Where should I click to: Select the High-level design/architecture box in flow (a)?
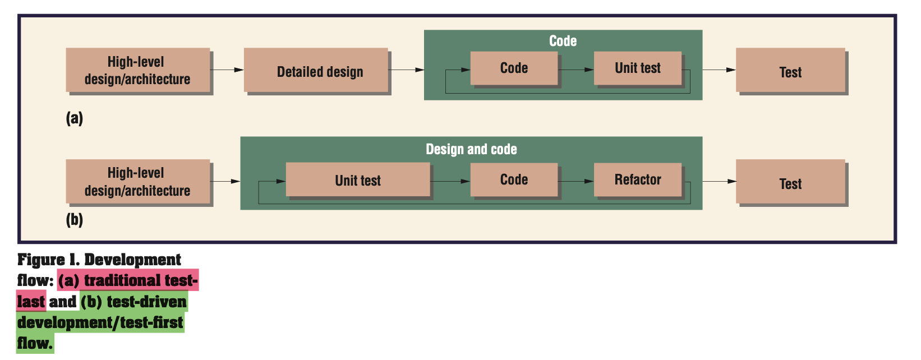pyautogui.click(x=138, y=70)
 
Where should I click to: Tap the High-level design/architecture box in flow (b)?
pyautogui.click(x=138, y=182)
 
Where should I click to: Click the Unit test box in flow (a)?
pyautogui.click(x=638, y=68)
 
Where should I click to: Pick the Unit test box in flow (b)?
pyautogui.click(x=358, y=180)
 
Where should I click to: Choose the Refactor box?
pyautogui.click(x=638, y=179)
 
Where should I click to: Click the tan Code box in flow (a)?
pyautogui.click(x=514, y=68)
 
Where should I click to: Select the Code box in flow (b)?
pyautogui.click(x=514, y=179)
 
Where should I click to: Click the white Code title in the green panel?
pyautogui.click(x=563, y=41)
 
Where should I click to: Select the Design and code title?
pyautogui.click(x=471, y=149)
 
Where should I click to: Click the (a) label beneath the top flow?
pyautogui.click(x=75, y=118)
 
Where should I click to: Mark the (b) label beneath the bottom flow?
pyautogui.click(x=75, y=219)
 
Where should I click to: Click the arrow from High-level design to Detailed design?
pyautogui.click(x=227, y=70)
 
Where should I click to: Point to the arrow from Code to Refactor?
pyautogui.click(x=575, y=181)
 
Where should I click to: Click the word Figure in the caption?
pyautogui.click(x=41, y=260)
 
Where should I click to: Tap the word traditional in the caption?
pyautogui.click(x=115, y=280)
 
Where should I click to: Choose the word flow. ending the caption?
pyautogui.click(x=35, y=343)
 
